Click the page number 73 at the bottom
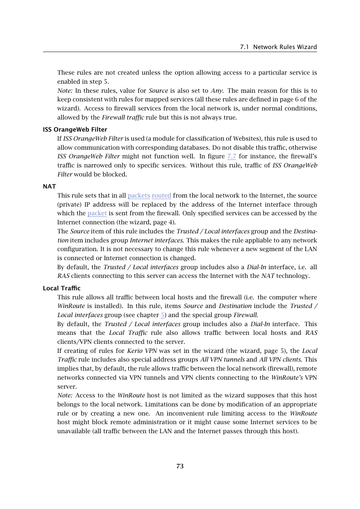click(180, 466)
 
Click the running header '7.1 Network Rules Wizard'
click(278, 47)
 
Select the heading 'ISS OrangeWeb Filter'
click(75, 129)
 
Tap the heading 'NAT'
click(49, 186)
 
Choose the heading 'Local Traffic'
click(62, 288)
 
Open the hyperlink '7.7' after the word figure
click(232, 156)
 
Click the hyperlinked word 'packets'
click(139, 195)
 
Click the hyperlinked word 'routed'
click(161, 195)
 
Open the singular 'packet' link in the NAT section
click(97, 213)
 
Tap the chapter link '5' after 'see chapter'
click(163, 315)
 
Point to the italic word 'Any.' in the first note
click(217, 90)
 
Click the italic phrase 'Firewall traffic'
click(123, 117)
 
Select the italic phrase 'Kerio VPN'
click(142, 351)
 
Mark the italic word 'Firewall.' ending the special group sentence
click(246, 315)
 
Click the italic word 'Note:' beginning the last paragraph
click(65, 395)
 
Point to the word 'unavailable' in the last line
click(74, 431)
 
